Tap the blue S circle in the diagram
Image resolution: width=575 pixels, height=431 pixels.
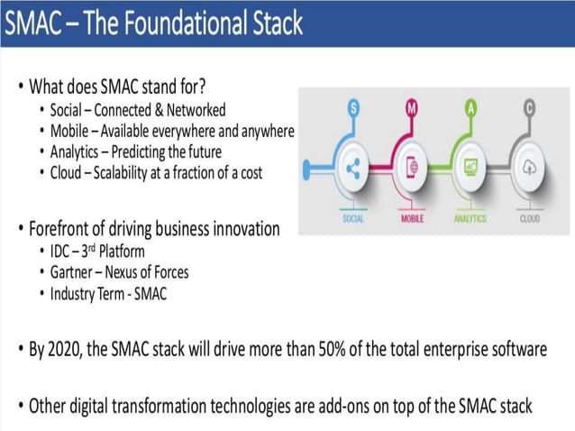[354, 109]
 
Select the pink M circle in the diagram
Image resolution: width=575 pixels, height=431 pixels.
[412, 109]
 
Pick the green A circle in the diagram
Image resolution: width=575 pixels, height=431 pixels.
[470, 109]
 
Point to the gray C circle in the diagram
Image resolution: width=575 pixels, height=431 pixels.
[529, 109]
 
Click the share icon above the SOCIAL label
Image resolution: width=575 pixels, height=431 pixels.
[353, 167]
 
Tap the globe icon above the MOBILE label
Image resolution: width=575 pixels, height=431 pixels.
[412, 167]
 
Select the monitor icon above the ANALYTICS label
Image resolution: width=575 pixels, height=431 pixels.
[470, 167]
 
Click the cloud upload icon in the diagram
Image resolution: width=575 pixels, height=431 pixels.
[529, 167]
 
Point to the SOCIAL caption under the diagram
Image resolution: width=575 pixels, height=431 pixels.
[353, 218]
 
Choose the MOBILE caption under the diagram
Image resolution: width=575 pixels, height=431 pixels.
[412, 218]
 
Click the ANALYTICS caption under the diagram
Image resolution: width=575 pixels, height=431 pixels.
[470, 218]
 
